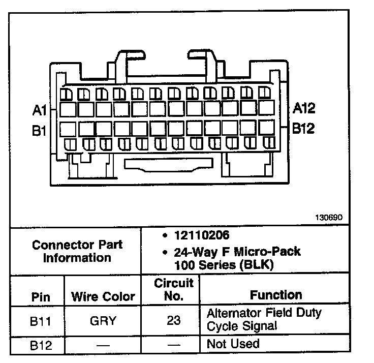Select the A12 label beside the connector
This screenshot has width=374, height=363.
point(304,108)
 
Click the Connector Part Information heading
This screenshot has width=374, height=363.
point(77,251)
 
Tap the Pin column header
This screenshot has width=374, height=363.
point(40,297)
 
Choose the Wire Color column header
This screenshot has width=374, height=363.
point(103,297)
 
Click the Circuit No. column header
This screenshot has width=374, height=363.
point(173,290)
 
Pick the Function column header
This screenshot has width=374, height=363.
point(276,295)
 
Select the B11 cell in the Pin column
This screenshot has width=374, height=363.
point(40,321)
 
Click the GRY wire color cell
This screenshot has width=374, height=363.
point(103,321)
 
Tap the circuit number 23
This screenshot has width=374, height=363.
point(173,321)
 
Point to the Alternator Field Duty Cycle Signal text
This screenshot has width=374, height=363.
point(264,319)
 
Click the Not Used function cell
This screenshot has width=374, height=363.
point(233,344)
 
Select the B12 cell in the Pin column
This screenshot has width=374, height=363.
point(40,345)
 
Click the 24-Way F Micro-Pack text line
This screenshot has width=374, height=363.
point(237,252)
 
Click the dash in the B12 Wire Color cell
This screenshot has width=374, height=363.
point(103,346)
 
